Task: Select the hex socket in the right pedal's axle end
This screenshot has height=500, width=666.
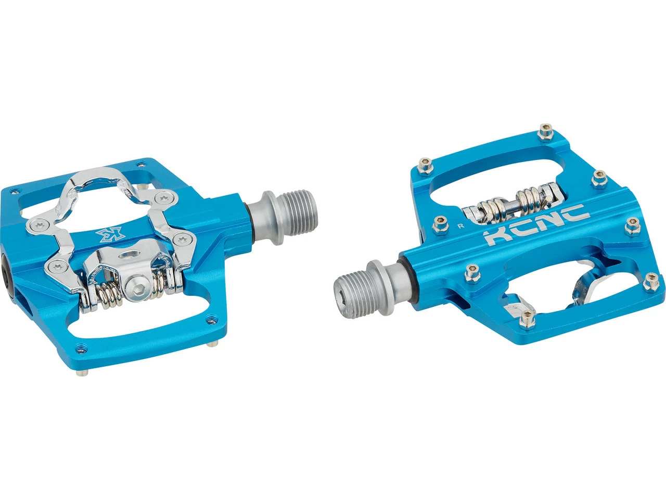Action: (342, 294)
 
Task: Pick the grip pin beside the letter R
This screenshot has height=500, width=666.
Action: (441, 226)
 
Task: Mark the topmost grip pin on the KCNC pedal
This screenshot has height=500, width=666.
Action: (546, 132)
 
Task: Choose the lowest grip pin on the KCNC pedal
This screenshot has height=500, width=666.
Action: (528, 319)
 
